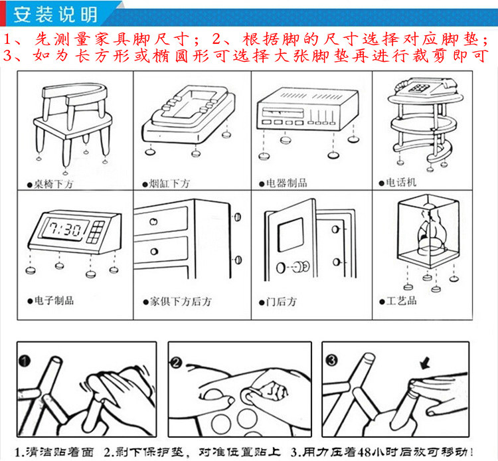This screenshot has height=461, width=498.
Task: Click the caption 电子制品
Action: (53, 300)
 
